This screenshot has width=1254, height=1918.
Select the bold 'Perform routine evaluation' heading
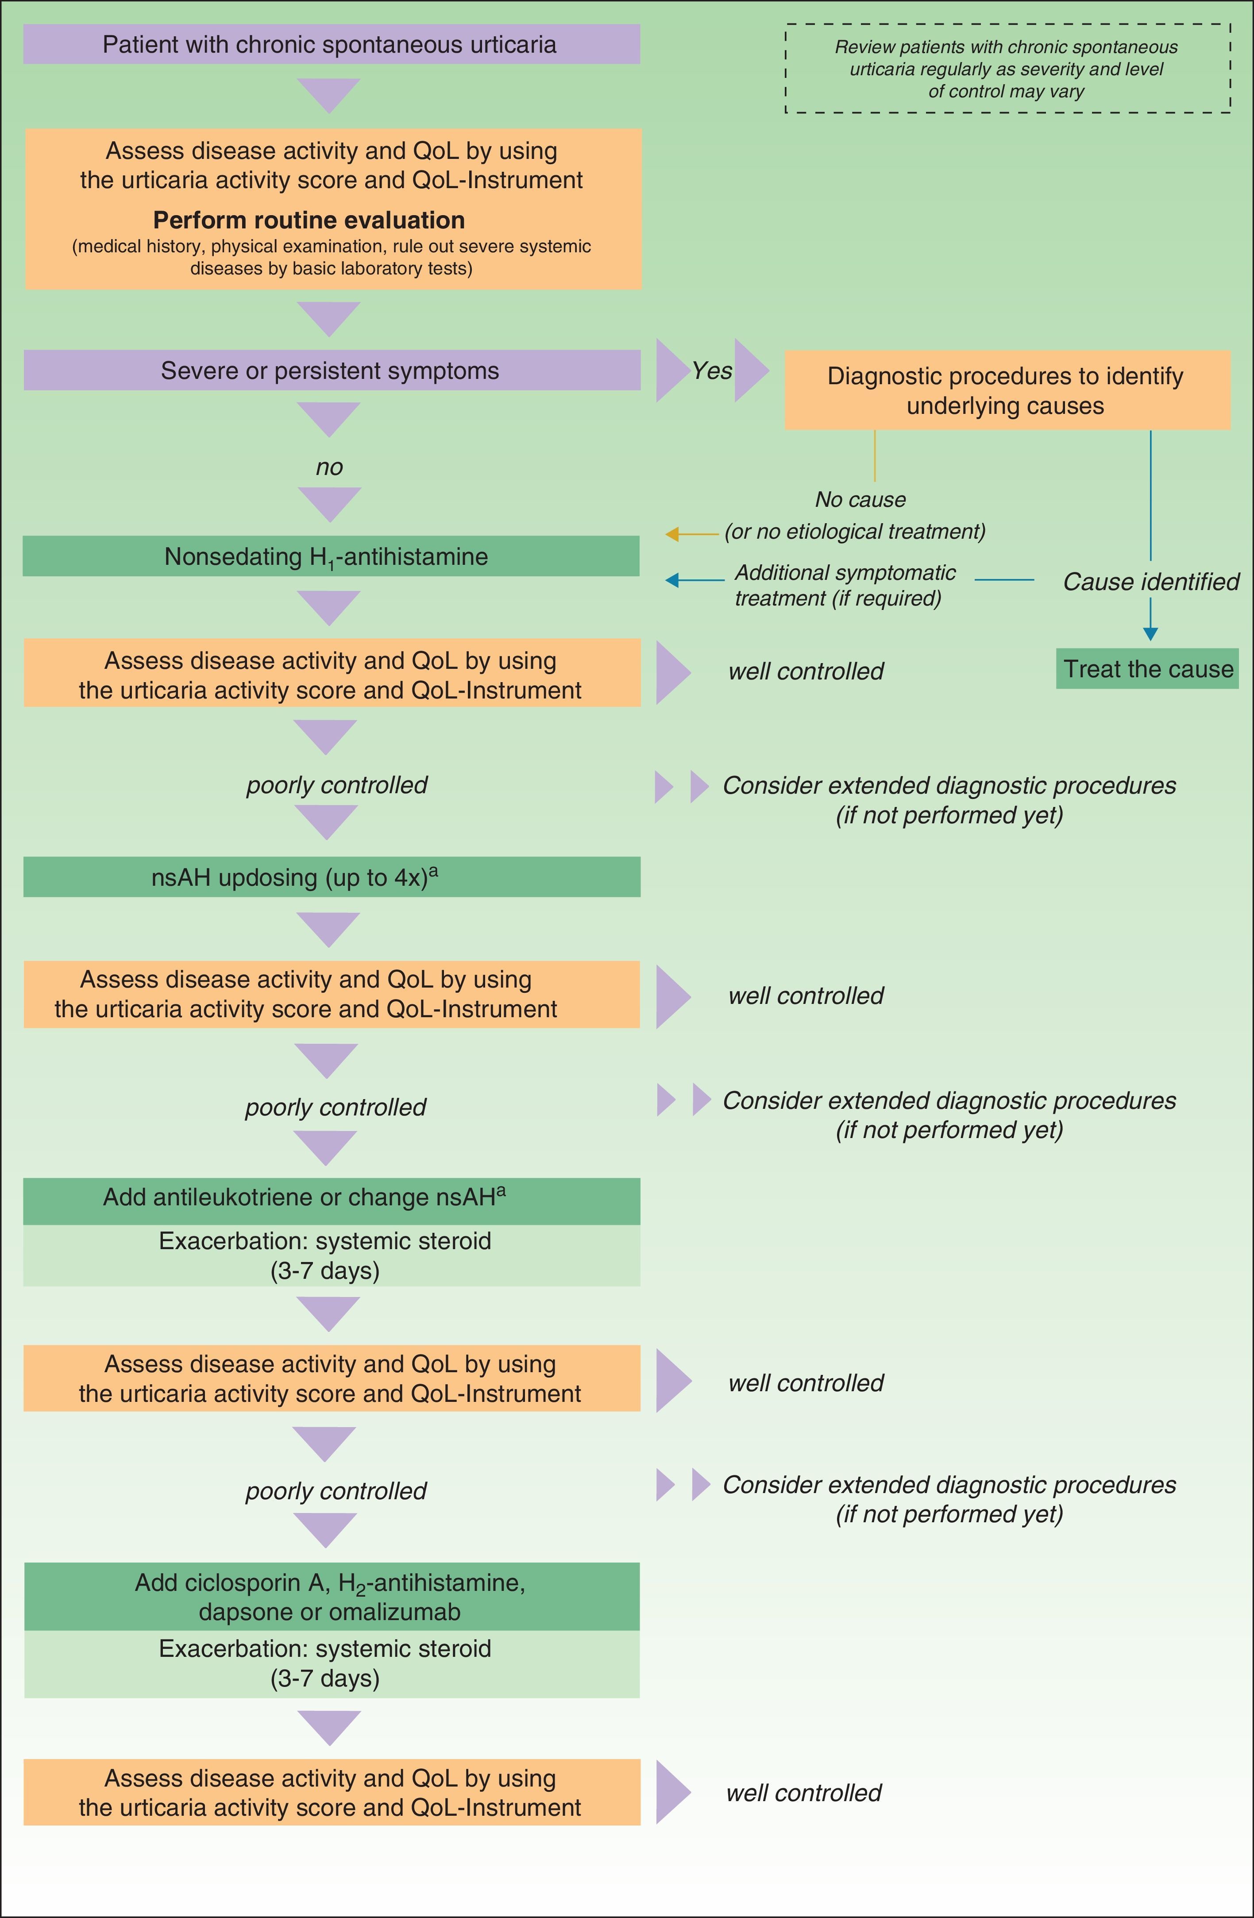click(309, 220)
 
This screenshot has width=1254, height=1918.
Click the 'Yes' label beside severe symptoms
click(712, 370)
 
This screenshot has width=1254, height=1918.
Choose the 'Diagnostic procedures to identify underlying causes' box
click(1007, 390)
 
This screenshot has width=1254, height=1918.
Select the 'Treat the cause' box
click(1148, 669)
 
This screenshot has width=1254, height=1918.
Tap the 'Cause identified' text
click(1151, 582)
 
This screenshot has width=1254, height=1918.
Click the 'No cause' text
click(860, 500)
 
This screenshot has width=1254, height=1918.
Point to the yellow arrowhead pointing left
click(672, 533)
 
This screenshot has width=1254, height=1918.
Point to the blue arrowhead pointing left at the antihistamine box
click(672, 579)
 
